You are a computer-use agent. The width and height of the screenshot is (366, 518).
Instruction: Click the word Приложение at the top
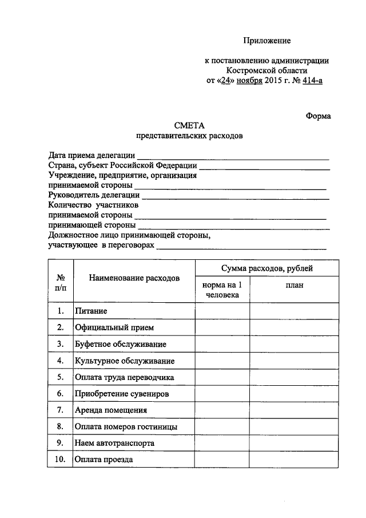(x=267, y=41)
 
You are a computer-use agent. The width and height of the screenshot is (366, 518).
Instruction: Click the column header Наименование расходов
(x=134, y=278)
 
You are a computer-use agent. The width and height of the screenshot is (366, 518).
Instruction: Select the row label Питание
(x=91, y=311)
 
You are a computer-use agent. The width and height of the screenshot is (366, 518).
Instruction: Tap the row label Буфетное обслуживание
(x=121, y=344)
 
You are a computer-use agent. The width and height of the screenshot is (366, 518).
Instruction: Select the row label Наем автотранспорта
(x=114, y=444)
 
